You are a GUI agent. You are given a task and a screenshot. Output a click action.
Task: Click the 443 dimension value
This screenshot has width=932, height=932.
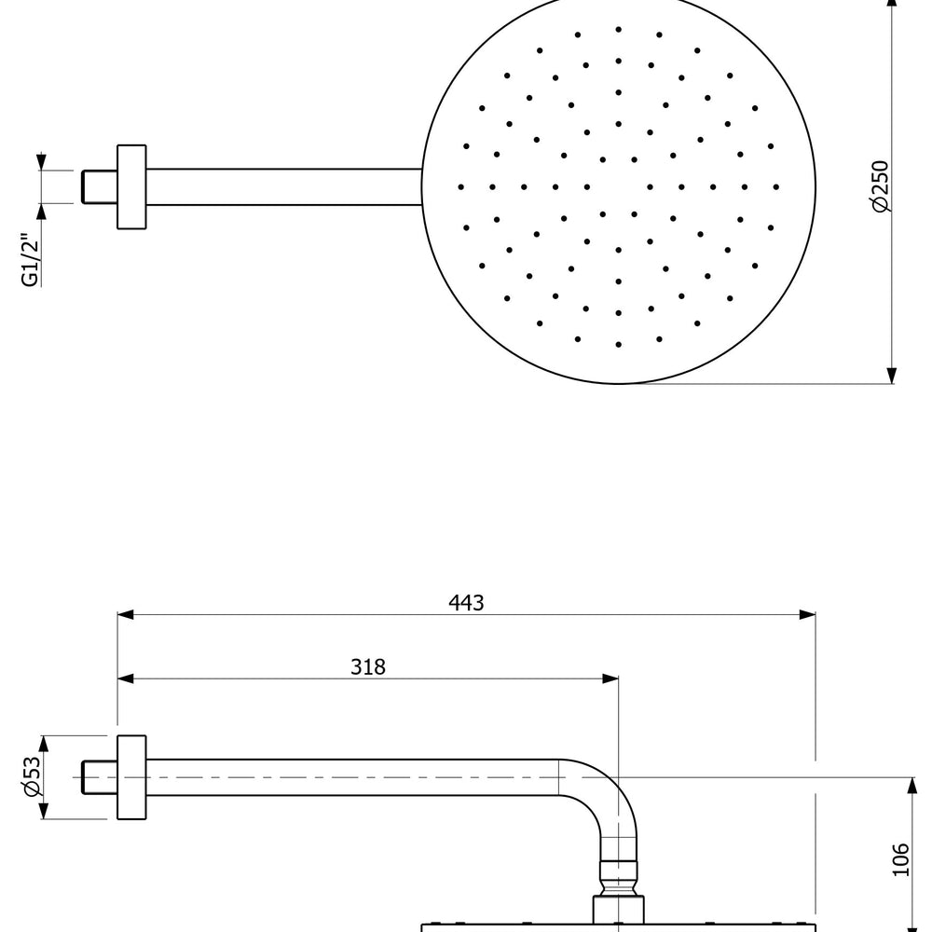click(466, 603)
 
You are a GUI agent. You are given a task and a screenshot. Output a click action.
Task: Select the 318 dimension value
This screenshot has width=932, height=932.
click(368, 666)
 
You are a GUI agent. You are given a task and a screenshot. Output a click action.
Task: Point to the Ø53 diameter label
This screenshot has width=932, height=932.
click(32, 776)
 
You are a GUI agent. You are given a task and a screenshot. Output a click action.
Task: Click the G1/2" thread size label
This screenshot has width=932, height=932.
click(31, 259)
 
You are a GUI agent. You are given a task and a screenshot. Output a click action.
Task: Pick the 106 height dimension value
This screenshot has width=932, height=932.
click(899, 860)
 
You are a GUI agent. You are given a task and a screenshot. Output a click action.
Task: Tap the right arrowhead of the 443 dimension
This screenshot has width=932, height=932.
click(807, 614)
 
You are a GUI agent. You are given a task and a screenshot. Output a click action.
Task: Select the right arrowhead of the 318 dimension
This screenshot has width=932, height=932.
click(610, 678)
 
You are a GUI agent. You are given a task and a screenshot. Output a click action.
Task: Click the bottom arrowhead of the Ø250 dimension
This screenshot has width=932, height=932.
click(892, 375)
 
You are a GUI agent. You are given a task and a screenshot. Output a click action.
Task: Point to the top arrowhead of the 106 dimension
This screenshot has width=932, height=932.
click(910, 785)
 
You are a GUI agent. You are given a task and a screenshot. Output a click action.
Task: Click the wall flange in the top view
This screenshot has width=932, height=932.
click(131, 186)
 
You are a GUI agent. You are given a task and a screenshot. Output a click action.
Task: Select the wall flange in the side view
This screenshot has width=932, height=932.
click(131, 776)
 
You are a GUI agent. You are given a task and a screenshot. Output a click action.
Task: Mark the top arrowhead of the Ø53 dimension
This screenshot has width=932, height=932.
click(43, 743)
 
